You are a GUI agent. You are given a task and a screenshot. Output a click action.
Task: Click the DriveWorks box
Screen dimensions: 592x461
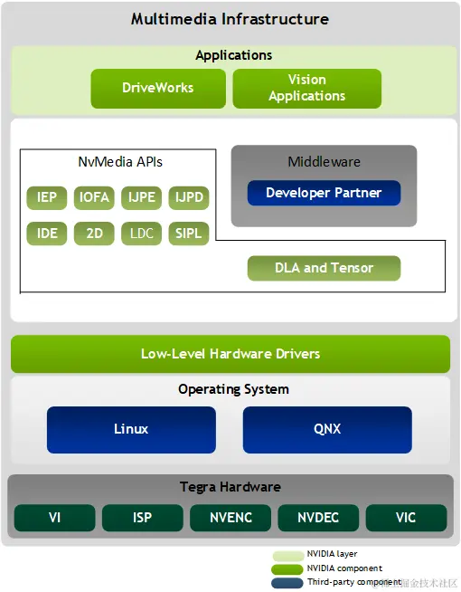click(x=158, y=89)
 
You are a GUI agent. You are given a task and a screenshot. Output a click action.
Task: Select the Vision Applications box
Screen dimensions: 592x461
click(x=306, y=89)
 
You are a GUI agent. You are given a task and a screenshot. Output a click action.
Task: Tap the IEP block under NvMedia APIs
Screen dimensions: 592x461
click(x=47, y=196)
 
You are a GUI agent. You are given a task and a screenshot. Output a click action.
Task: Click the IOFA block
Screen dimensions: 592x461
click(x=94, y=196)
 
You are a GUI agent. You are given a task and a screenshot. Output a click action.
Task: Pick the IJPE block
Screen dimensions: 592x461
click(x=141, y=196)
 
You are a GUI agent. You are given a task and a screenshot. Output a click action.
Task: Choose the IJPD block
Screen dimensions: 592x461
click(x=188, y=196)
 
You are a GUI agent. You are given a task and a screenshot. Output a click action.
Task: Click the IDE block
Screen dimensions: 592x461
click(x=47, y=234)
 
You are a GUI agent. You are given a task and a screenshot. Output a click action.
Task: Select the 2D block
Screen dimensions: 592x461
click(x=94, y=234)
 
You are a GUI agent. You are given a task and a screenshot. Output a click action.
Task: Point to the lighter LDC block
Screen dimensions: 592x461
click(x=141, y=234)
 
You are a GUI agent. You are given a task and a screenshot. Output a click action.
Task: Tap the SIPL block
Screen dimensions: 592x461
click(x=188, y=234)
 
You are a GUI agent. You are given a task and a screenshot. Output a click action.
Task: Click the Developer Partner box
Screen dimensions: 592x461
click(x=324, y=193)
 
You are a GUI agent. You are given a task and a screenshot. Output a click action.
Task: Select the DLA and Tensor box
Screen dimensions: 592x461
click(x=324, y=268)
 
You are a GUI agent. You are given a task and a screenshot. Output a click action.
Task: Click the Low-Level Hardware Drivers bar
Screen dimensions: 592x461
click(x=230, y=354)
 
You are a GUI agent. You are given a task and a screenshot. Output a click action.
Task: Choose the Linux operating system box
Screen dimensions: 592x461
click(x=131, y=429)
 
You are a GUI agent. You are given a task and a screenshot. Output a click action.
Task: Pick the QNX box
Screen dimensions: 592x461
click(x=327, y=429)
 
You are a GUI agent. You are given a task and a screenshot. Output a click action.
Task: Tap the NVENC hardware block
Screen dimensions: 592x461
click(x=230, y=519)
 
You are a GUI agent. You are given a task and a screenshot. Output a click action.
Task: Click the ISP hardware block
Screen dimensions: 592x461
click(x=142, y=519)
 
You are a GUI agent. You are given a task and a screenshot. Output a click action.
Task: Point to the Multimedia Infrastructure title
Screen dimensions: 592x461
click(x=230, y=19)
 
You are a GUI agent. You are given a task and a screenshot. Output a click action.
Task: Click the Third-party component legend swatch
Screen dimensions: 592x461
click(x=287, y=582)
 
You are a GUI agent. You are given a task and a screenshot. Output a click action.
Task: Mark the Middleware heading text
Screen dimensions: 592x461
click(x=324, y=162)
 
